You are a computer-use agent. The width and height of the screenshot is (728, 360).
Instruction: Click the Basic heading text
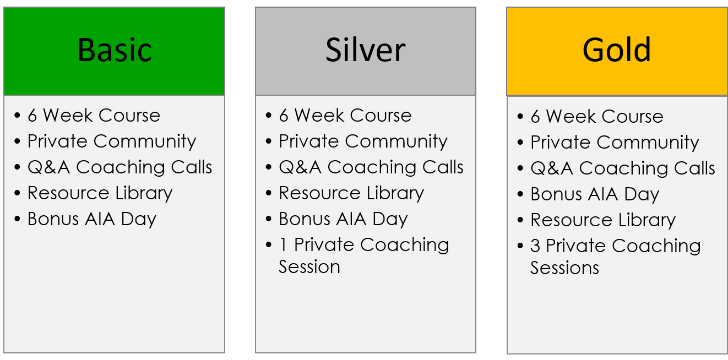tap(115, 50)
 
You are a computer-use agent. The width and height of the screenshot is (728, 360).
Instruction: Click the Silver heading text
tap(365, 50)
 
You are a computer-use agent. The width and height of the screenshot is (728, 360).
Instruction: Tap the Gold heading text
tap(617, 50)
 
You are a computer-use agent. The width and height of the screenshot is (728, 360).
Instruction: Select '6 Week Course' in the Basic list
tap(94, 116)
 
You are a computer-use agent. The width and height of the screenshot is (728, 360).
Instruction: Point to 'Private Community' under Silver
tap(363, 141)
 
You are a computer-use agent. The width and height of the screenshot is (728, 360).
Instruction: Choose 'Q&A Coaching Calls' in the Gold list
tap(623, 168)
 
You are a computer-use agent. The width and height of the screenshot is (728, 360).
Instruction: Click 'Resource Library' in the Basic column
tap(100, 194)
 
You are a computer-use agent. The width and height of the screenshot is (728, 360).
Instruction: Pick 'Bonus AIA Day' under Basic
tap(91, 219)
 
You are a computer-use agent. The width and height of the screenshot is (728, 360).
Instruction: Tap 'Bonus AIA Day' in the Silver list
tap(343, 219)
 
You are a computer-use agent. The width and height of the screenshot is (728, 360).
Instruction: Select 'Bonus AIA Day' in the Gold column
tap(595, 195)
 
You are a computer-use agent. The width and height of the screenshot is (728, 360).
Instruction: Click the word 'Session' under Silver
tap(309, 267)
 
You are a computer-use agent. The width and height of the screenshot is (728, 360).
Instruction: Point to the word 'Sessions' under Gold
tap(564, 268)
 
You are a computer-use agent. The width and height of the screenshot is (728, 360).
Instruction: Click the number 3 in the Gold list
tap(535, 246)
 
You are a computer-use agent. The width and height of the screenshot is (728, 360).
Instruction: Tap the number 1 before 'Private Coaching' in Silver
tap(284, 245)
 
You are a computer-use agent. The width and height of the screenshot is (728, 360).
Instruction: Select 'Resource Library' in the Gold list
tap(603, 220)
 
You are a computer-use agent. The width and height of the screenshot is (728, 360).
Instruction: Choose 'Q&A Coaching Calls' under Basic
tap(119, 167)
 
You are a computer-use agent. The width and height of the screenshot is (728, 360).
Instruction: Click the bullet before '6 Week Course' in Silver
tap(268, 116)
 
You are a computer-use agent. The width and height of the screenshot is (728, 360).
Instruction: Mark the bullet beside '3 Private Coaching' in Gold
tap(520, 246)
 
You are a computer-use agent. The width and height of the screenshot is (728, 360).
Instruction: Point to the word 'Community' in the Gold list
tap(648, 143)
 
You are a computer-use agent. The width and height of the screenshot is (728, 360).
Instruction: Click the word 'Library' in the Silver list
tap(395, 194)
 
